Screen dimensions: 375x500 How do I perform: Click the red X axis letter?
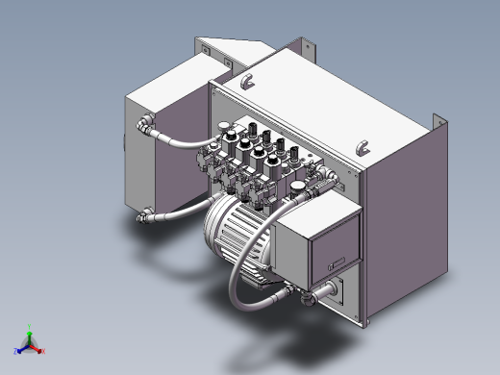(44, 352)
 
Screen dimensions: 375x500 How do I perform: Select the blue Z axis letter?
(16, 352)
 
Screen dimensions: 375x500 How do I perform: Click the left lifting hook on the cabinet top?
(246, 82)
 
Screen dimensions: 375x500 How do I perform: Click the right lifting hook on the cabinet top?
(362, 147)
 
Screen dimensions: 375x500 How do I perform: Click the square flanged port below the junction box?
(337, 290)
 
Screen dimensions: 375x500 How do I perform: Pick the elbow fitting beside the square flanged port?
(310, 295)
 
